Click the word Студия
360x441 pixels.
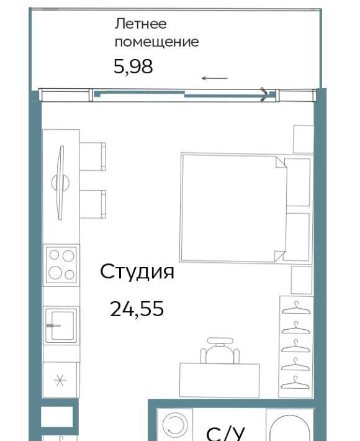137,272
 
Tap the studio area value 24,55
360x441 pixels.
137,309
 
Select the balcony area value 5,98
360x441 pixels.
133,66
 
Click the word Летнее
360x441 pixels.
140,24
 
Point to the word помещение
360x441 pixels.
157,42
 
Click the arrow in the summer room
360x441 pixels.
214,78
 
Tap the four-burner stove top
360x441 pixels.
61,265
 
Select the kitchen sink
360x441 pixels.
61,325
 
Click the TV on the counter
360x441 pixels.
60,183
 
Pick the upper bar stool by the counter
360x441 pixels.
92,157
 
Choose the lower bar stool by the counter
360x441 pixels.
92,204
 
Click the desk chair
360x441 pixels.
220,350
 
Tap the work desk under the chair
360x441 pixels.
220,380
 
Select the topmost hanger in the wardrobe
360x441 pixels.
296,307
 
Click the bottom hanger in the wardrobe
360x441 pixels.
295,383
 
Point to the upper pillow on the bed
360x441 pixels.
298,182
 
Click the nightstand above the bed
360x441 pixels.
304,139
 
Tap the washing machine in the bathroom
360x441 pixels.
175,425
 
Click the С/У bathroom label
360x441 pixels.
226,434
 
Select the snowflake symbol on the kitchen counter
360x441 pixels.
60,380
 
